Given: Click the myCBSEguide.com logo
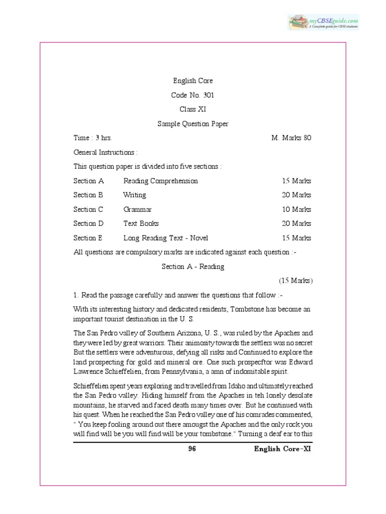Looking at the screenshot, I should tap(323, 22).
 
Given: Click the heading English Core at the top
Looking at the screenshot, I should tap(193, 80).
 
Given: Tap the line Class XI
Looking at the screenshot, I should tap(193, 109).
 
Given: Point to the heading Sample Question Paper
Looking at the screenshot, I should tap(193, 123).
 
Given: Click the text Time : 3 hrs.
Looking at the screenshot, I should tap(93, 138).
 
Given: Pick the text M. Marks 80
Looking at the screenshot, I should tap(291, 138).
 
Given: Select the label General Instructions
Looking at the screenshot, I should tap(105, 152).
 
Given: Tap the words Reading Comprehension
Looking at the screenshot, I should tap(160, 181).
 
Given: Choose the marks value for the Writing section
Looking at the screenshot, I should tap(296, 195).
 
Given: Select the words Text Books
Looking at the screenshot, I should tap(141, 223).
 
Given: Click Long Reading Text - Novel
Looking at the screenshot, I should tap(165, 238).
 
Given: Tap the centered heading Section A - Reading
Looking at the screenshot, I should tap(193, 267).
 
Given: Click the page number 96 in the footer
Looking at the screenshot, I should tap(191, 449).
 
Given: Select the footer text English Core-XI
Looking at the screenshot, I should tap(283, 449).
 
